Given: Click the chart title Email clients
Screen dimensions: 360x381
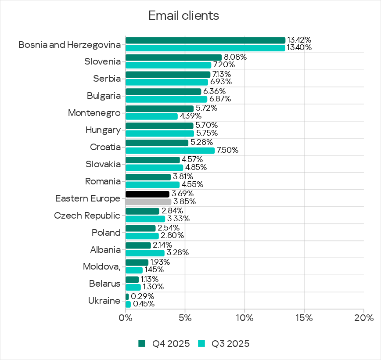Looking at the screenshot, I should pos(183,16).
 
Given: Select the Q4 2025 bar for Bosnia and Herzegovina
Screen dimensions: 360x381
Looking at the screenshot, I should pos(205,40).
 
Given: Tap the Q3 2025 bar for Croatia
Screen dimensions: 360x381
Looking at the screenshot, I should pos(170,151).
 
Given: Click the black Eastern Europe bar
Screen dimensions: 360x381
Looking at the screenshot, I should pos(147,194).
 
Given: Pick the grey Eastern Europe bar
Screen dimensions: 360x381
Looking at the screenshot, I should pos(148,202).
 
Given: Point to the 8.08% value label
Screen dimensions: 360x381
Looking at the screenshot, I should pos(235,57).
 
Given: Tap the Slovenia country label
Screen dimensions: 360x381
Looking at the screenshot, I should pos(102,61).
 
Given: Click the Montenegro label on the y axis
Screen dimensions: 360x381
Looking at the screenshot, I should pos(94,113).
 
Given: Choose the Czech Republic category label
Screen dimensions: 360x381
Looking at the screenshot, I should pos(87,216).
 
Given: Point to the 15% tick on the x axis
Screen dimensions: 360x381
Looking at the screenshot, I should pos(304,317).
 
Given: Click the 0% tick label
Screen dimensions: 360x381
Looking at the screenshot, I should pos(126,317).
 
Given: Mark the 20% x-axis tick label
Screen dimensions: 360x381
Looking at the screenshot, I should pos(363,317).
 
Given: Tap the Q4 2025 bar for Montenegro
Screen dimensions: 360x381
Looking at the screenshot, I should pos(159,108).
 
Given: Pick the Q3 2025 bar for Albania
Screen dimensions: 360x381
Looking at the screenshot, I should pos(145,253).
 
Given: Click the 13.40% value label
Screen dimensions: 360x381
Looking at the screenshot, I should pos(299,48).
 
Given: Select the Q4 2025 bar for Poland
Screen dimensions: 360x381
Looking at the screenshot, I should pos(140,228).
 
